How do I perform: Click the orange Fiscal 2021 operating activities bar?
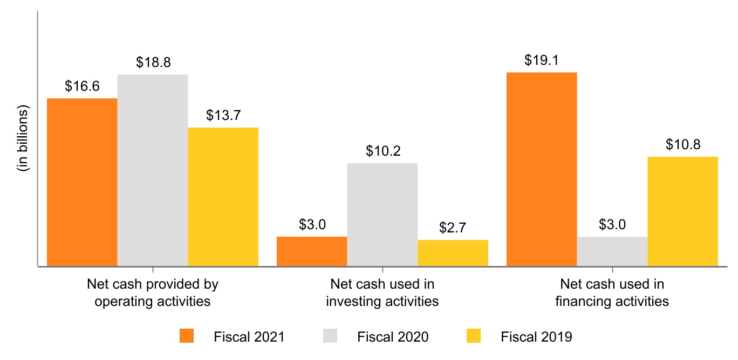(82, 182)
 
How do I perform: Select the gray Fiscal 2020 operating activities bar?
(153, 170)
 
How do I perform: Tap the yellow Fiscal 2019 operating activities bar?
(223, 197)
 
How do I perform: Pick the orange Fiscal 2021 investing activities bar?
(312, 251)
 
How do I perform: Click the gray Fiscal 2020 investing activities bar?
(382, 215)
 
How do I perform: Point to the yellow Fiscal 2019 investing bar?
(453, 253)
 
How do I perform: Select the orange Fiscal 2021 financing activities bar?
(542, 169)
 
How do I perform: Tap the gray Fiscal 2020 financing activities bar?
(612, 251)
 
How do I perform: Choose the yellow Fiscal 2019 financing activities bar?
(682, 211)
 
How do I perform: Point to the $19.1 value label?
(542, 60)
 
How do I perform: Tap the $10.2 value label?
(382, 151)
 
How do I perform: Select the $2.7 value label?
(453, 228)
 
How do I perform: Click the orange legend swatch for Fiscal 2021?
(187, 337)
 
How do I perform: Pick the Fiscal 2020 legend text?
(393, 337)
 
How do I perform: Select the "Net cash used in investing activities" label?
(382, 292)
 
